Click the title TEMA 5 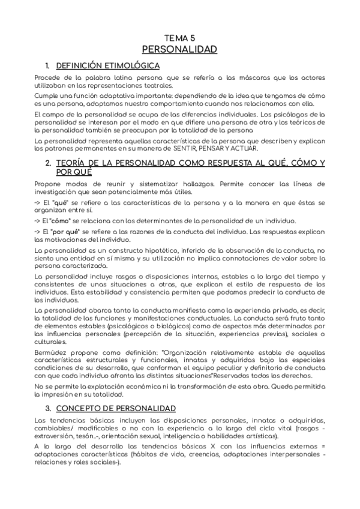click(x=179, y=37)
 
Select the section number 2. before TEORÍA click(x=49, y=163)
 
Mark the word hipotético click(x=150, y=250)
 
